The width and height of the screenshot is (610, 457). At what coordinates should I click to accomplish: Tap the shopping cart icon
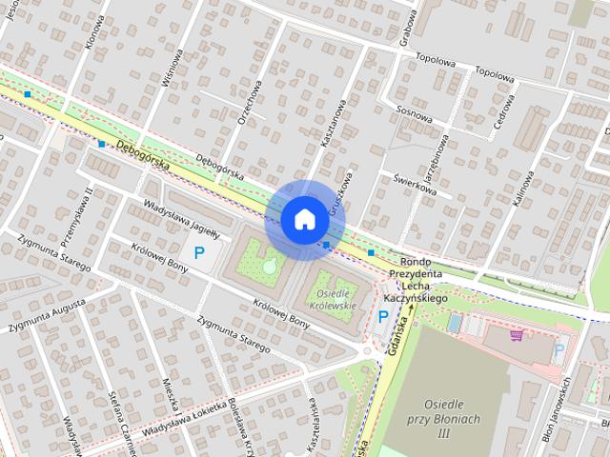(517, 335)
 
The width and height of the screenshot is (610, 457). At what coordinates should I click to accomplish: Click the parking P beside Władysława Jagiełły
(199, 253)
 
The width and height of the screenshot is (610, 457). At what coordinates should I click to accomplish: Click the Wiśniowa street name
(173, 69)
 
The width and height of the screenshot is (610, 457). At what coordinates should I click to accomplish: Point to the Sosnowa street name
(415, 111)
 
